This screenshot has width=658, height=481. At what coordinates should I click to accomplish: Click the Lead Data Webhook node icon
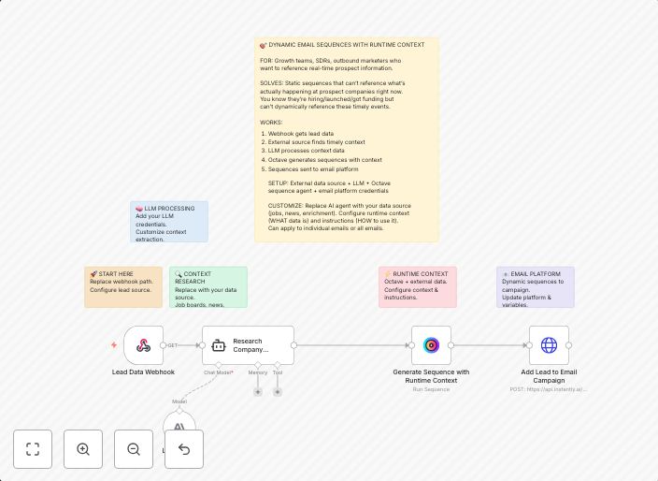click(143, 345)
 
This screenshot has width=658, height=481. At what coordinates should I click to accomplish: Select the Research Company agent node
click(248, 345)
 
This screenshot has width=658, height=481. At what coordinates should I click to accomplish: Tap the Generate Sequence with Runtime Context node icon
click(431, 345)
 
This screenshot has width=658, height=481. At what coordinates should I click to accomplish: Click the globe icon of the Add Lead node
click(549, 345)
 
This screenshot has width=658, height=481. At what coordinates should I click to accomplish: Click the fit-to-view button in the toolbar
click(33, 449)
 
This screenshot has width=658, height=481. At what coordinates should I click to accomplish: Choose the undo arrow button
click(184, 449)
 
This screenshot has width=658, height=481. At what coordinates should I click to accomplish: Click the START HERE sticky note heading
click(114, 274)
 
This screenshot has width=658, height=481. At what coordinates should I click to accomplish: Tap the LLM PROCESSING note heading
click(168, 209)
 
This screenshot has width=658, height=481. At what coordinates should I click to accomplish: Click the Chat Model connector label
click(219, 372)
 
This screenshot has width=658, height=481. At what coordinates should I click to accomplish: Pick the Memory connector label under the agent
click(258, 372)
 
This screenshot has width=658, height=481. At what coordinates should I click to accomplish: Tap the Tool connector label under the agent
click(278, 372)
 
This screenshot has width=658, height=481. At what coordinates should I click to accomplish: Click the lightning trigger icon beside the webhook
click(114, 345)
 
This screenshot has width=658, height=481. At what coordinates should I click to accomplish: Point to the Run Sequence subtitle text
click(431, 388)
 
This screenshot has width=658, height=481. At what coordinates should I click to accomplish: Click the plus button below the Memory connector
click(258, 391)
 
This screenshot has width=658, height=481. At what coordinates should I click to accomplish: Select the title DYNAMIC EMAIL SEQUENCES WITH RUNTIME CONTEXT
click(345, 45)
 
